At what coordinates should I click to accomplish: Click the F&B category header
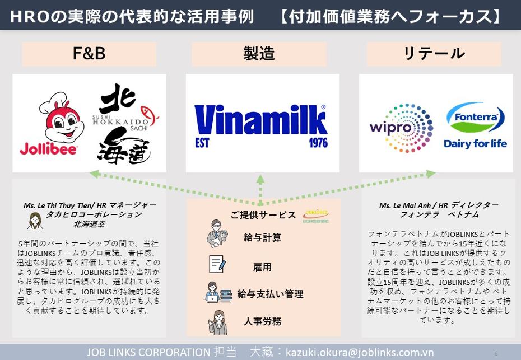click(89, 54)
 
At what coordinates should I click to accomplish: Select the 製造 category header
click(259, 54)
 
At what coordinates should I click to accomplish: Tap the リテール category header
click(434, 54)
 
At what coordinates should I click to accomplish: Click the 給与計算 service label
click(262, 237)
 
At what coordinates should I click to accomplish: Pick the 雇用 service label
click(262, 267)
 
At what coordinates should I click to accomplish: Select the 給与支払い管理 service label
click(270, 294)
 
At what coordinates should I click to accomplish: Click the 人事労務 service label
click(262, 321)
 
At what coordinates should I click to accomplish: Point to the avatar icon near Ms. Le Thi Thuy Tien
click(35, 221)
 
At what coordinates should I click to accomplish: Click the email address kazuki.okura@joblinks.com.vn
click(360, 352)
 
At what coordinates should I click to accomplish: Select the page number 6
click(496, 353)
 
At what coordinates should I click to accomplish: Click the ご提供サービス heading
click(263, 215)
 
